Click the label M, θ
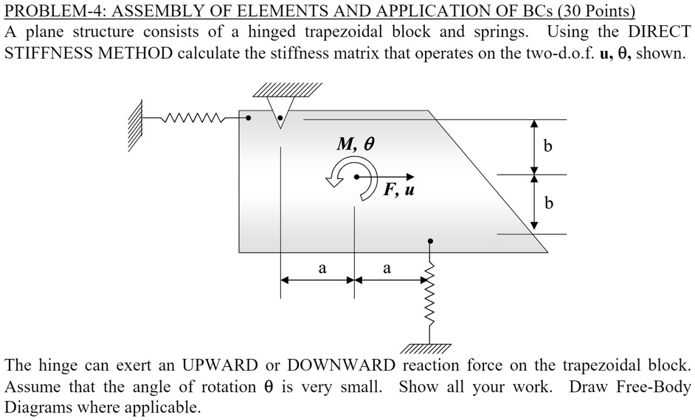point(356,144)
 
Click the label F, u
point(399,191)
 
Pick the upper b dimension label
point(547,146)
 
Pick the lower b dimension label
point(547,203)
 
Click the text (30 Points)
point(589,11)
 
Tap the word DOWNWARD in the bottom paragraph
point(344,365)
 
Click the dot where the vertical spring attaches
point(431,241)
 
